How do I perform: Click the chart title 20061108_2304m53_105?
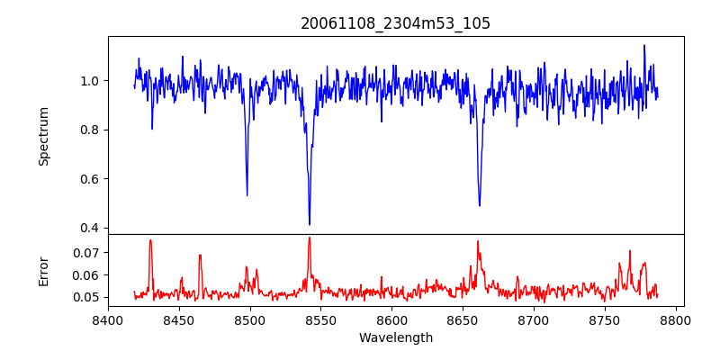click(x=395, y=23)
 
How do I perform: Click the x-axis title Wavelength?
click(x=395, y=337)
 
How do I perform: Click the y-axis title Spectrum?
click(x=43, y=136)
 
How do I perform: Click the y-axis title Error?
click(x=43, y=270)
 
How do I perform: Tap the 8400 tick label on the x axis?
click(x=108, y=319)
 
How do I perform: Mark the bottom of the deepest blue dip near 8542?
click(x=310, y=224)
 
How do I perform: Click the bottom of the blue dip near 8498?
click(x=247, y=195)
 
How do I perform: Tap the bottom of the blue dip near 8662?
click(x=480, y=205)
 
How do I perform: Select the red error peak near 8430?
click(x=150, y=239)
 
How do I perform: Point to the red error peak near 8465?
click(x=200, y=255)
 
